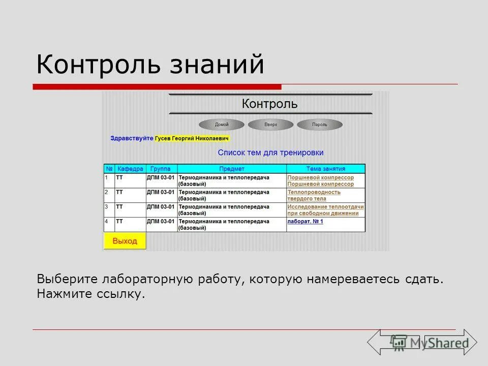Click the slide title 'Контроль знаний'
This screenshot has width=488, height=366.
(150, 65)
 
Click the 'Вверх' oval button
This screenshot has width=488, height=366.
(270, 125)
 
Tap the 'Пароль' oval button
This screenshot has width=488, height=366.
(320, 125)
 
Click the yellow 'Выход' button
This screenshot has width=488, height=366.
(125, 241)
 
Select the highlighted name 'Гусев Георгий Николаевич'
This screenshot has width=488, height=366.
(193, 138)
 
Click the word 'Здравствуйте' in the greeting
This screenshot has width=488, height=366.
(132, 138)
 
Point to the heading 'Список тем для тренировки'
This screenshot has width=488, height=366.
(270, 152)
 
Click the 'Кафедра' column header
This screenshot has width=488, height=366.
(130, 169)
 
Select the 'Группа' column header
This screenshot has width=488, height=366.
(161, 169)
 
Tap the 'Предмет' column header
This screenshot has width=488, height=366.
(232, 169)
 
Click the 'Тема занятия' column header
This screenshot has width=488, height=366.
(325, 169)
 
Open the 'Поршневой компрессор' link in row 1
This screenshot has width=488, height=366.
(320, 178)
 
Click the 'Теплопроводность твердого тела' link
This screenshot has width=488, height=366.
(314, 195)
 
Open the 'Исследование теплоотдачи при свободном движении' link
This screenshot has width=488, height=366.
(325, 210)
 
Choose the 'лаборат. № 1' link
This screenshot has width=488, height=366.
(305, 222)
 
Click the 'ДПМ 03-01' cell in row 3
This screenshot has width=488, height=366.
(161, 207)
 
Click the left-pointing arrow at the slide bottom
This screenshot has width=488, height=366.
(386, 342)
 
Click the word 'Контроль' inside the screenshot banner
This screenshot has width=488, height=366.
(269, 104)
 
